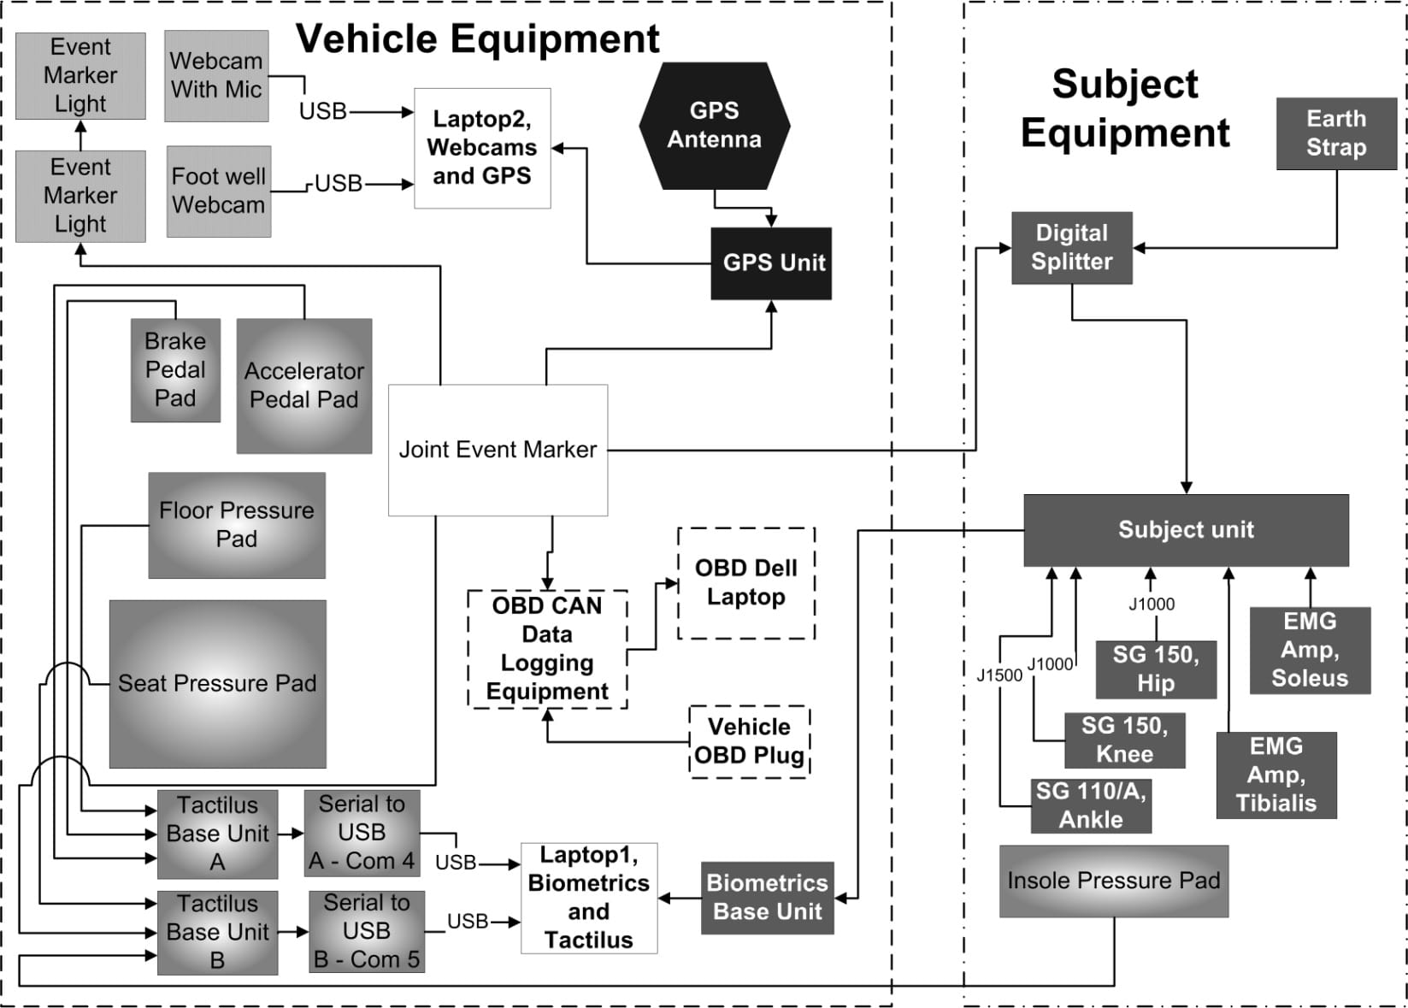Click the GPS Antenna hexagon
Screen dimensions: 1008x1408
[714, 125]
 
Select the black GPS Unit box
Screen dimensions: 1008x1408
[771, 262]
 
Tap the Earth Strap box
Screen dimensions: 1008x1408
[1335, 133]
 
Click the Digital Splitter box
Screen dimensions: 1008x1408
[1071, 247]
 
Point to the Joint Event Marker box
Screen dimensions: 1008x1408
[498, 450]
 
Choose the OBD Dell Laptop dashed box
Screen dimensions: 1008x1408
[745, 582]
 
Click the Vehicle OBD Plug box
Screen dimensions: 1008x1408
[749, 740]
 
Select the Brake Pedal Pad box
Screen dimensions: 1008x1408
[175, 369]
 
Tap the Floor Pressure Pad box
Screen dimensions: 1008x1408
[237, 525]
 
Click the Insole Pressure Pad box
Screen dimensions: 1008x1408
[1113, 881]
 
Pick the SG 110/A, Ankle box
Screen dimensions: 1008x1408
[1091, 805]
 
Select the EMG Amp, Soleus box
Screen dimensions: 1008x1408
[1309, 650]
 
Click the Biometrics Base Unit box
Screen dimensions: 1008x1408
[767, 897]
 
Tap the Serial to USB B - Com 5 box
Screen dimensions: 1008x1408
[367, 931]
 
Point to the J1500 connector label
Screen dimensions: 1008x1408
[999, 675]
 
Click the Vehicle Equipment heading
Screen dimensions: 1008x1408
[477, 38]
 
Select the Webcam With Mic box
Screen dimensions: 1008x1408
[216, 75]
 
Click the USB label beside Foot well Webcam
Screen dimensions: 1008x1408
[339, 184]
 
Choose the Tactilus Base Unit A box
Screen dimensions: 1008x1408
[217, 834]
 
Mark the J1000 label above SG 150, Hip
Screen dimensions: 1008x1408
[1152, 604]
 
